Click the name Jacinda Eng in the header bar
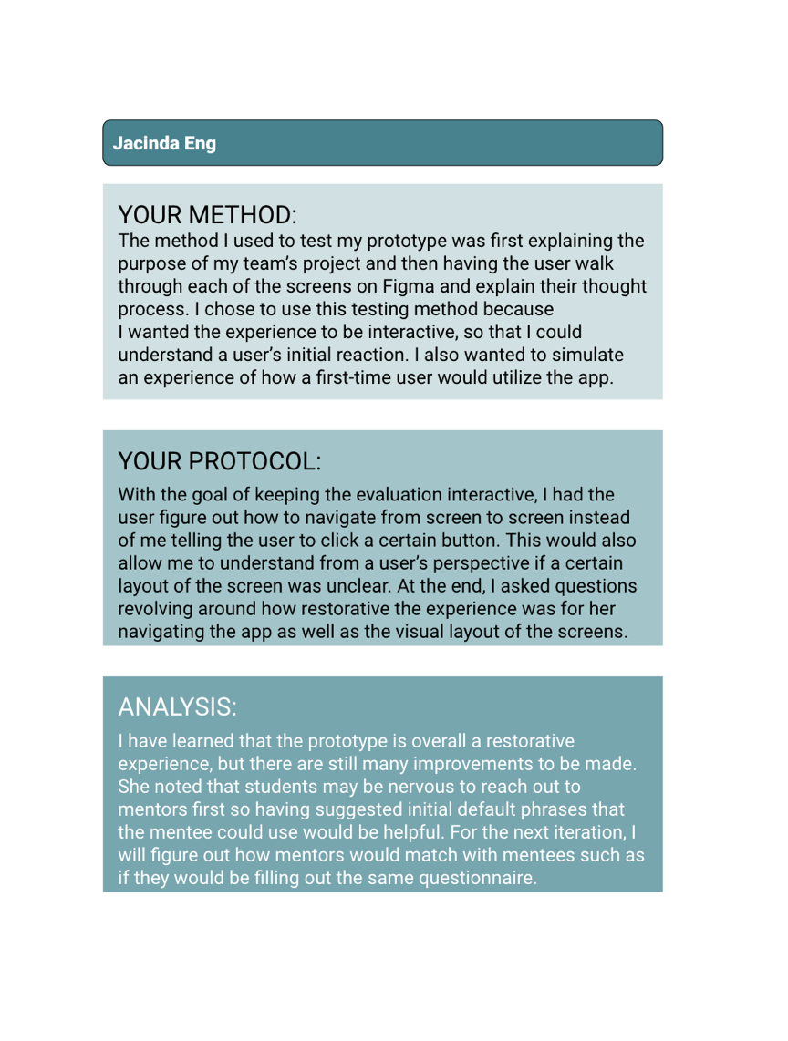click(164, 144)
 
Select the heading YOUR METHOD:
click(208, 216)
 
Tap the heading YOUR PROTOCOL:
click(220, 461)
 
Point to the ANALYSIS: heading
click(178, 706)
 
